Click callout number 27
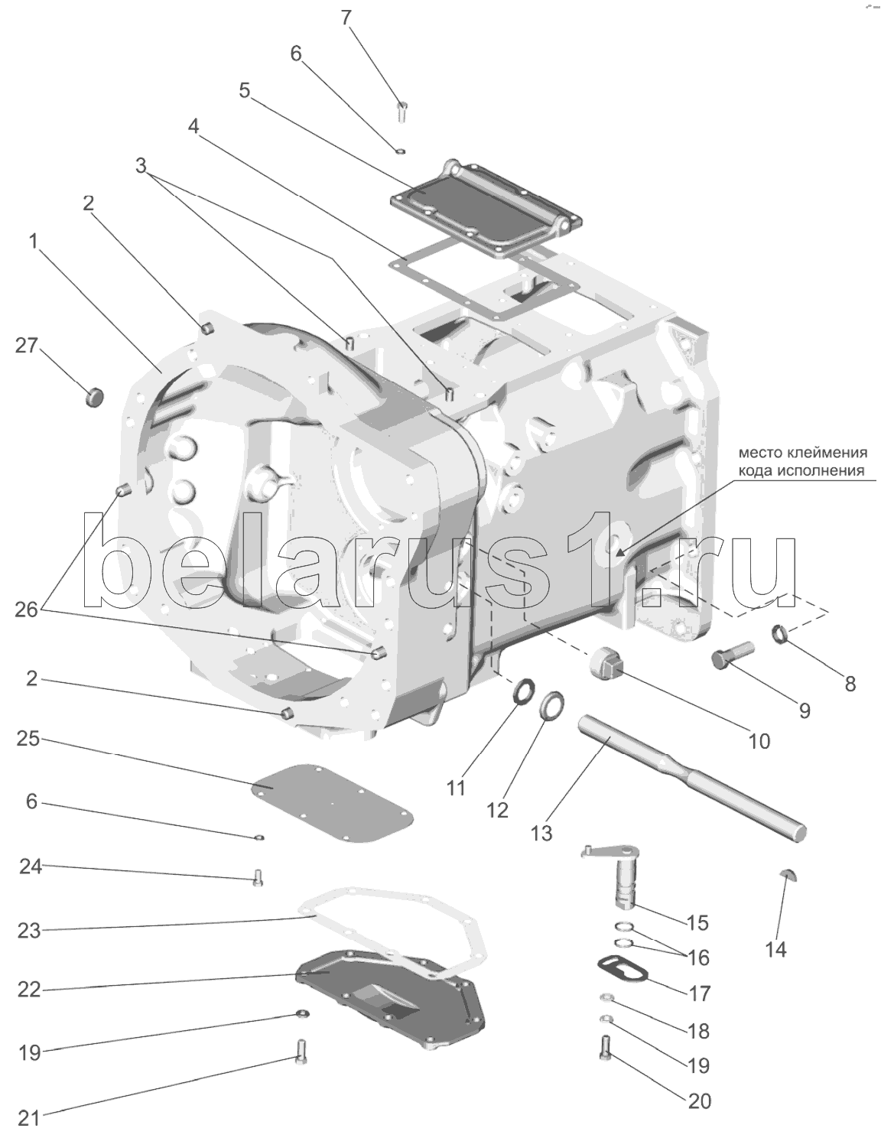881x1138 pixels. [27, 346]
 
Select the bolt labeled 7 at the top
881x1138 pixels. [402, 111]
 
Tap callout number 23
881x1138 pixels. [29, 931]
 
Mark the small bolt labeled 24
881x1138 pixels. [258, 877]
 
